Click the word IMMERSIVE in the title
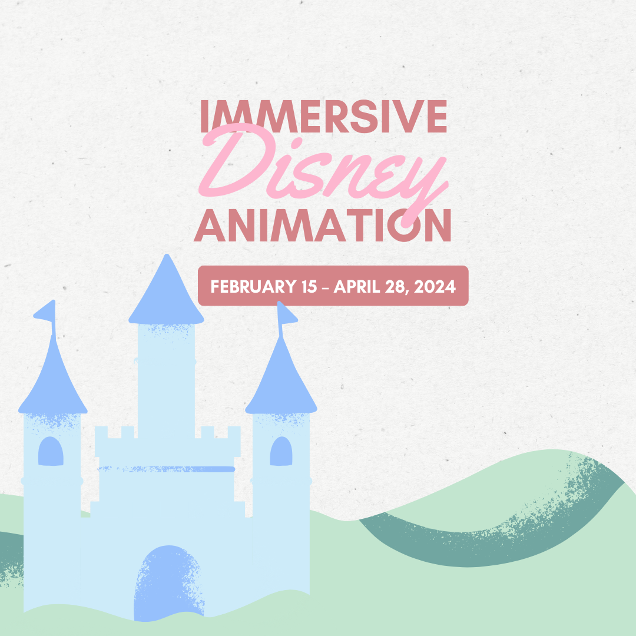tap(324, 117)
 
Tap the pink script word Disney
tap(323, 170)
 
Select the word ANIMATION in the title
tap(323, 225)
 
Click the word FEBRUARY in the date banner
tap(253, 286)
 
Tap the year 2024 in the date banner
tap(435, 286)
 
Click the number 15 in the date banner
tap(309, 286)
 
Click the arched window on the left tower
tap(51, 451)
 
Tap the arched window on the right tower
tap(281, 451)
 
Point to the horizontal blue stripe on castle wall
tap(166, 469)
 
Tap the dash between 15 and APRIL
tap(325, 287)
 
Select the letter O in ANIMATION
tap(404, 225)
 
